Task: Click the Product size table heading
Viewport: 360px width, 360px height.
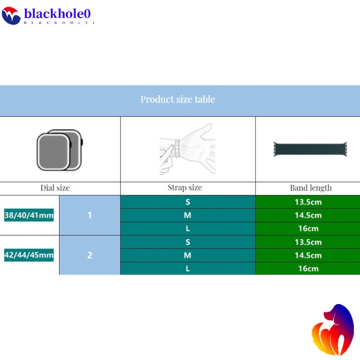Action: [x=178, y=100]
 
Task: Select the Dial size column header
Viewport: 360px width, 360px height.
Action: [x=55, y=188]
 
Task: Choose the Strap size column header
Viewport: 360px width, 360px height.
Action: [x=185, y=188]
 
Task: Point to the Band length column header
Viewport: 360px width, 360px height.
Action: [x=311, y=188]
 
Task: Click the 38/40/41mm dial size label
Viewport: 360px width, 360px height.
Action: [x=29, y=215]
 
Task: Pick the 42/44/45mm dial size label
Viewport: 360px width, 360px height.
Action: [x=29, y=255]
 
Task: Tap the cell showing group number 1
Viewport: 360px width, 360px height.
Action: [x=90, y=215]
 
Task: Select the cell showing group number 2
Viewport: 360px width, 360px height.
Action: [x=90, y=255]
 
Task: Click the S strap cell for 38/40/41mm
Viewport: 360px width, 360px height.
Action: [x=188, y=202]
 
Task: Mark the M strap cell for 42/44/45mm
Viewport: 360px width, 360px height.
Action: [x=188, y=255]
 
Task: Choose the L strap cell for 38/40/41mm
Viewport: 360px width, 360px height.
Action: [x=188, y=229]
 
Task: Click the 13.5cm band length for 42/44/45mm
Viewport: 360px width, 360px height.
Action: [x=307, y=242]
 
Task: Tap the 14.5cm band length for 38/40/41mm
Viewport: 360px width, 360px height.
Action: [x=307, y=215]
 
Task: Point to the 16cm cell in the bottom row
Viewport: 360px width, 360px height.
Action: [x=307, y=269]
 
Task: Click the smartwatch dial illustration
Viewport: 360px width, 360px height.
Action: [x=59, y=150]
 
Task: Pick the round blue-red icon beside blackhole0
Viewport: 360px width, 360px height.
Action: [x=11, y=15]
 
